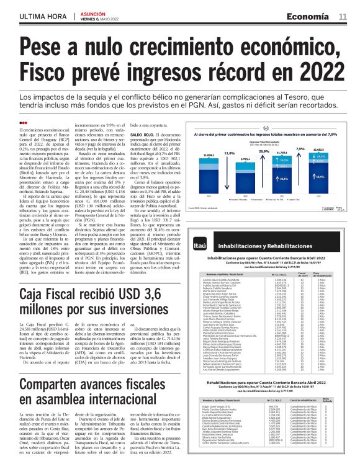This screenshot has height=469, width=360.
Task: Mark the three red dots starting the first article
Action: [x=25, y=122]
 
